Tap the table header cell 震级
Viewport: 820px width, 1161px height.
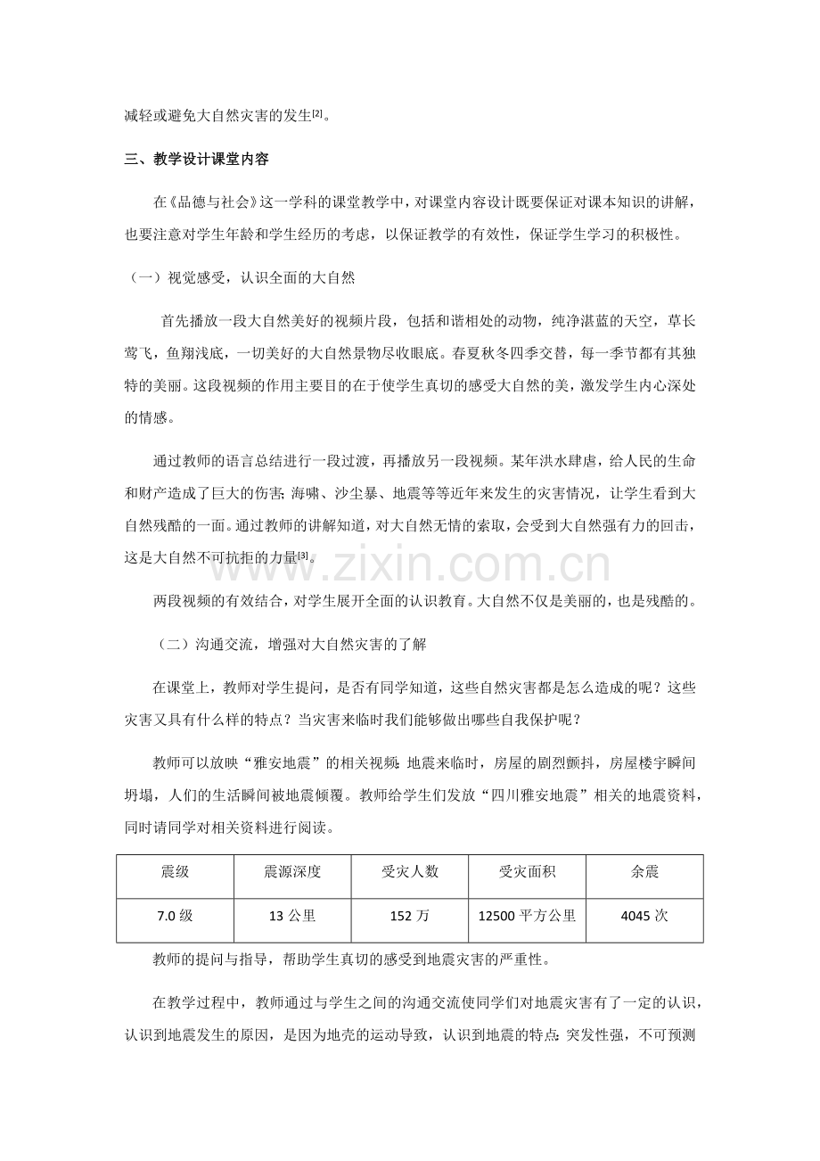[x=175, y=871]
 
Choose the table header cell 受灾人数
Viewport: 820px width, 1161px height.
[x=410, y=871]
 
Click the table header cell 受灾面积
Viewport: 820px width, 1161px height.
[x=528, y=871]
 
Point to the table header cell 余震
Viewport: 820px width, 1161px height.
[x=644, y=871]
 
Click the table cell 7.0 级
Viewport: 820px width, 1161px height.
[x=175, y=914]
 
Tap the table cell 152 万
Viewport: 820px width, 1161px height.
[x=410, y=914]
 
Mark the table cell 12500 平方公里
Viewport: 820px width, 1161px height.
[x=528, y=914]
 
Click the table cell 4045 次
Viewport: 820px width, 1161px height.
[x=644, y=914]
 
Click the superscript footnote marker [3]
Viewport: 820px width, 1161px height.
[x=305, y=555]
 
